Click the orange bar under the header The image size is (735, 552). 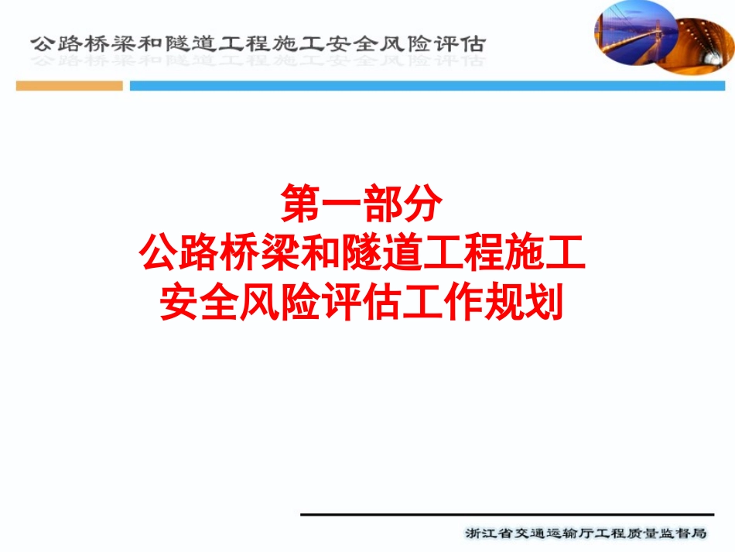(x=69, y=86)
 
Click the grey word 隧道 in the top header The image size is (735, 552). (x=193, y=43)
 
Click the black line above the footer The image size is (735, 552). (x=507, y=514)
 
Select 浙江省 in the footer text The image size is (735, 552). (x=484, y=533)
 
